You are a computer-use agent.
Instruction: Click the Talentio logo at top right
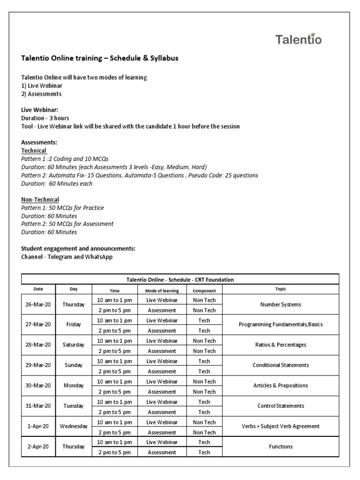(298, 39)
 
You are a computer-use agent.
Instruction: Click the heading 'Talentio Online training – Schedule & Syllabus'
(100, 59)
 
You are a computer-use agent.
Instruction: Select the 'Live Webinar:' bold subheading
(40, 110)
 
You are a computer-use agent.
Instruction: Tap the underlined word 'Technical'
(34, 150)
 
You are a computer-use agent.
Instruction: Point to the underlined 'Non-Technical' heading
(40, 200)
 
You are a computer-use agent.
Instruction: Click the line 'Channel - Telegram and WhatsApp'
(67, 257)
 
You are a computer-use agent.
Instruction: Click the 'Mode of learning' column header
(162, 290)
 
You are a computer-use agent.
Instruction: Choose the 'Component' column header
(204, 290)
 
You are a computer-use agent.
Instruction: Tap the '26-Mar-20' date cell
(38, 305)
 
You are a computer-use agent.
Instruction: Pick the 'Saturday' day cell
(74, 345)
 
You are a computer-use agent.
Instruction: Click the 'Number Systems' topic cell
(280, 305)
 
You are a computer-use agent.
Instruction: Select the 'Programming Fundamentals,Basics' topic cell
(280, 325)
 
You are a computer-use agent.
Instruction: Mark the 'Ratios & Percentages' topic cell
(280, 345)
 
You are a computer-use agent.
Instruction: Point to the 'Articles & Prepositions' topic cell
(280, 386)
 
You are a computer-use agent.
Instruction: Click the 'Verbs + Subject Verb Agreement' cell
(280, 427)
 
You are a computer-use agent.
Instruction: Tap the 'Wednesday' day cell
(74, 427)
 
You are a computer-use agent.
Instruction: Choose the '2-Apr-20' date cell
(38, 447)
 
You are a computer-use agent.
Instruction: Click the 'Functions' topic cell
(280, 447)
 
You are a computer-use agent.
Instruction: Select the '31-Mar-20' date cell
(38, 406)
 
